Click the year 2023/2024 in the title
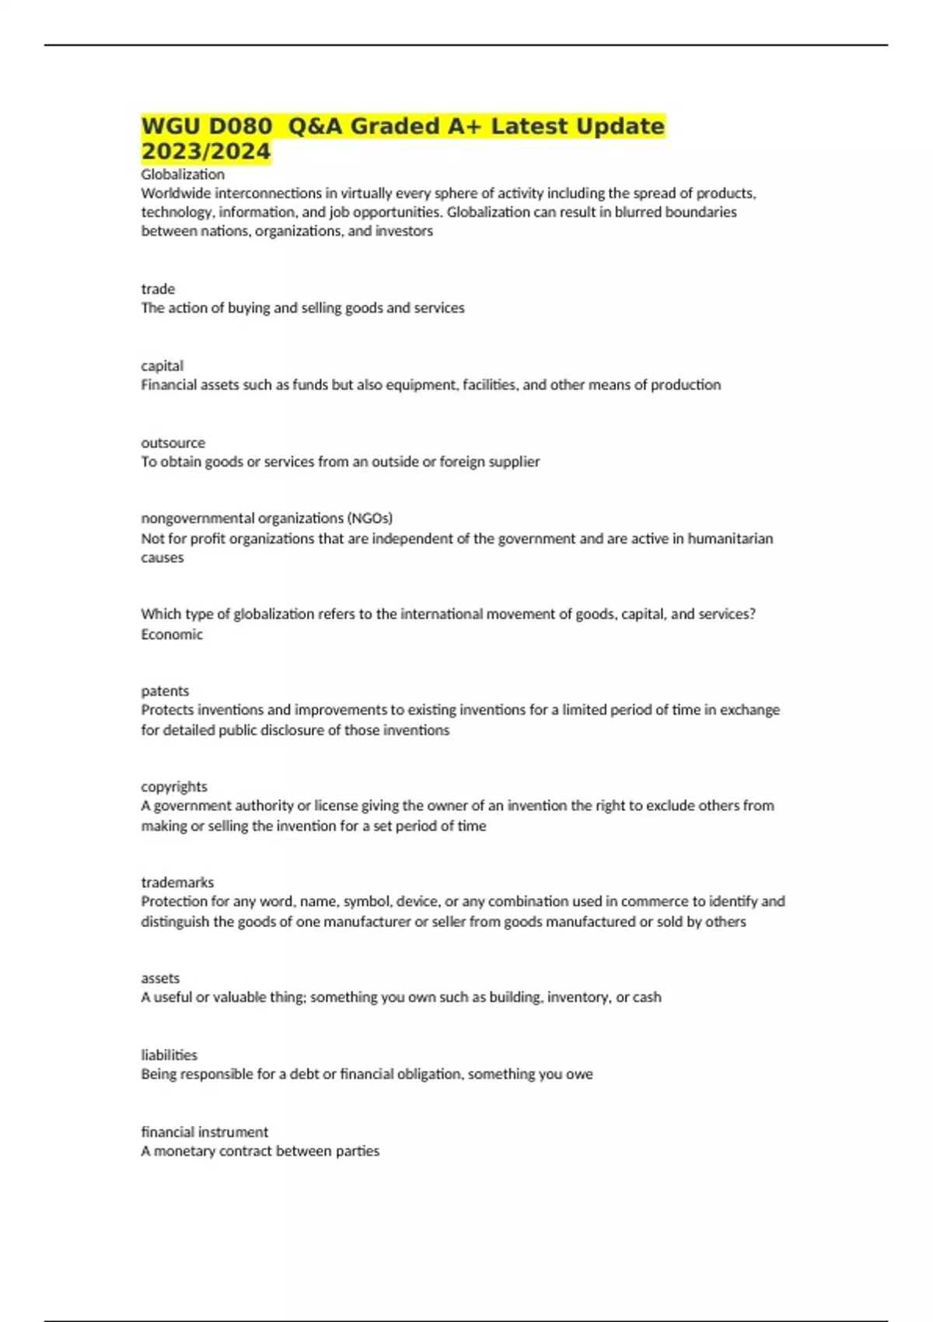coord(206,151)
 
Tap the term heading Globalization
coord(183,174)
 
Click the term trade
coord(158,289)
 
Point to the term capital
coord(162,365)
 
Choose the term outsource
coord(173,442)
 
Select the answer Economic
coord(172,634)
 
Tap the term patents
coord(165,691)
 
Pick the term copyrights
coord(174,786)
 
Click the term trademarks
coord(177,882)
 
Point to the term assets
coord(160,978)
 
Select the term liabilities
coord(169,1054)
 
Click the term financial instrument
coord(204,1131)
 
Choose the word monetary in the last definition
coord(184,1151)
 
